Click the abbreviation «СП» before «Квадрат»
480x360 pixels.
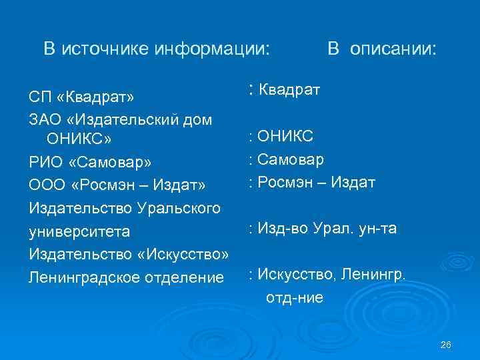[x=39, y=98]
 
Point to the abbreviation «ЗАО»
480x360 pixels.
[x=44, y=120]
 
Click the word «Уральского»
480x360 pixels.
[x=179, y=207]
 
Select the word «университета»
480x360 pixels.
[x=84, y=232]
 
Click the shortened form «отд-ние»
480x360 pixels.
[x=295, y=298]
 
